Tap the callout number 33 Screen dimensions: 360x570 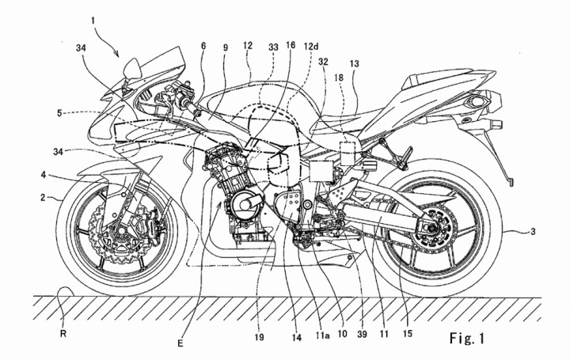point(274,47)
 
